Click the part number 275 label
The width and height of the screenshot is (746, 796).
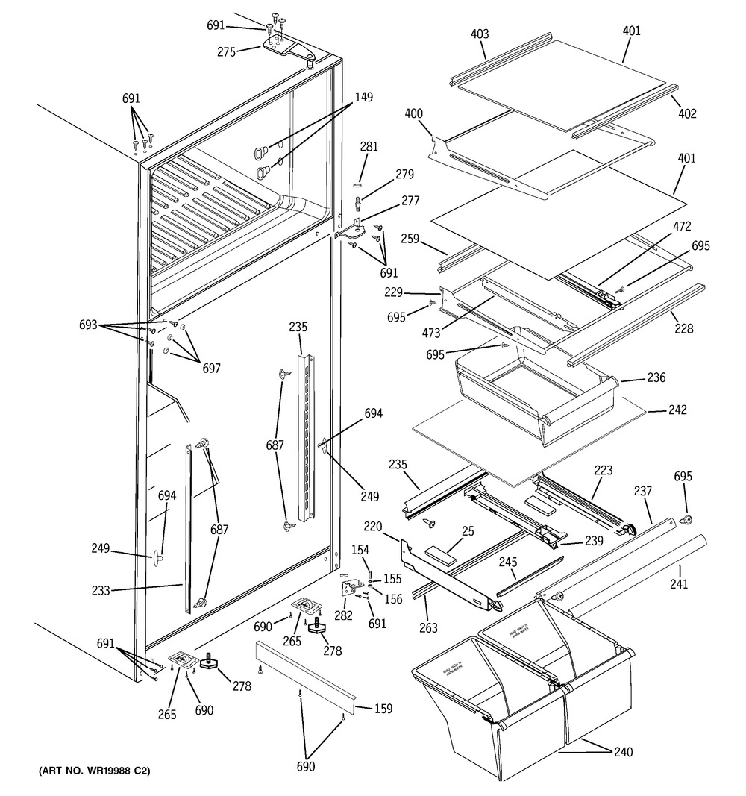coord(226,52)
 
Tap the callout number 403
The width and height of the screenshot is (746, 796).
coord(480,34)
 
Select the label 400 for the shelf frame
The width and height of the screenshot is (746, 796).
coord(413,114)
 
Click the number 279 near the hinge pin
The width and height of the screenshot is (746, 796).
coord(404,175)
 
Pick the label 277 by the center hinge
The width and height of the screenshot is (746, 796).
coord(410,201)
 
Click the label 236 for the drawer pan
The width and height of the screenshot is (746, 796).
coord(656,378)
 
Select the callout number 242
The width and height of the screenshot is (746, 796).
coord(656,410)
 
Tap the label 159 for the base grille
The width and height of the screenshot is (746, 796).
coord(383,709)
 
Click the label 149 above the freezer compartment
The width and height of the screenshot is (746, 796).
coord(364,97)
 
